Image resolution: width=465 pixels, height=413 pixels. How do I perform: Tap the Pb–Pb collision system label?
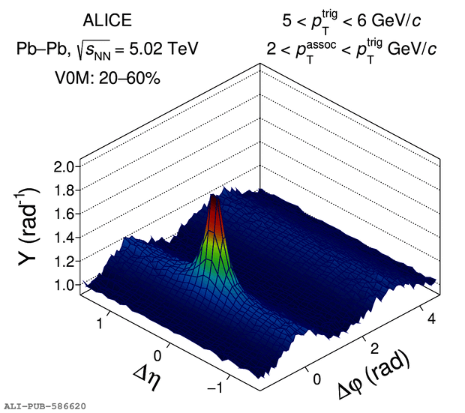tap(37, 50)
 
